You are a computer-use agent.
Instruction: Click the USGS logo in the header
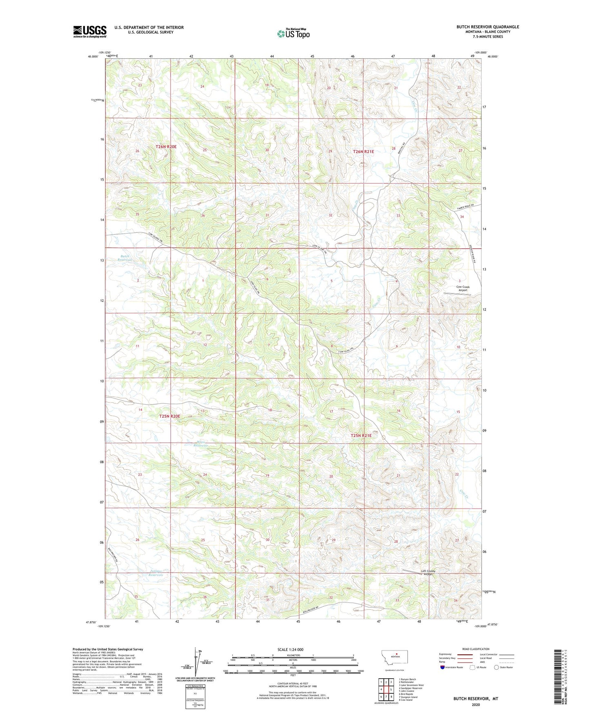[x=90, y=31]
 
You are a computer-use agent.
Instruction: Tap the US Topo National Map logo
[x=293, y=33]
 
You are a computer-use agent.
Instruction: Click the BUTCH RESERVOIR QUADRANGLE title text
[x=488, y=27]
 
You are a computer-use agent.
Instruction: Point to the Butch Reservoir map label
[x=125, y=258]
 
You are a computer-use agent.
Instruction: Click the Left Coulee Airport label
[x=428, y=573]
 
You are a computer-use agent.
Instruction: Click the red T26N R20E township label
[x=166, y=146]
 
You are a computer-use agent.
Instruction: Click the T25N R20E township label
[x=169, y=416]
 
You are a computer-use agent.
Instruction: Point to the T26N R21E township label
[x=363, y=152]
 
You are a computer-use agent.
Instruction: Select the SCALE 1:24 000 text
[x=290, y=649]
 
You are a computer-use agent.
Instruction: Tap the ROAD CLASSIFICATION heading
[x=476, y=649]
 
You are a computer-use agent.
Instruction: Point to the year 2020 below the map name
[x=475, y=704]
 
